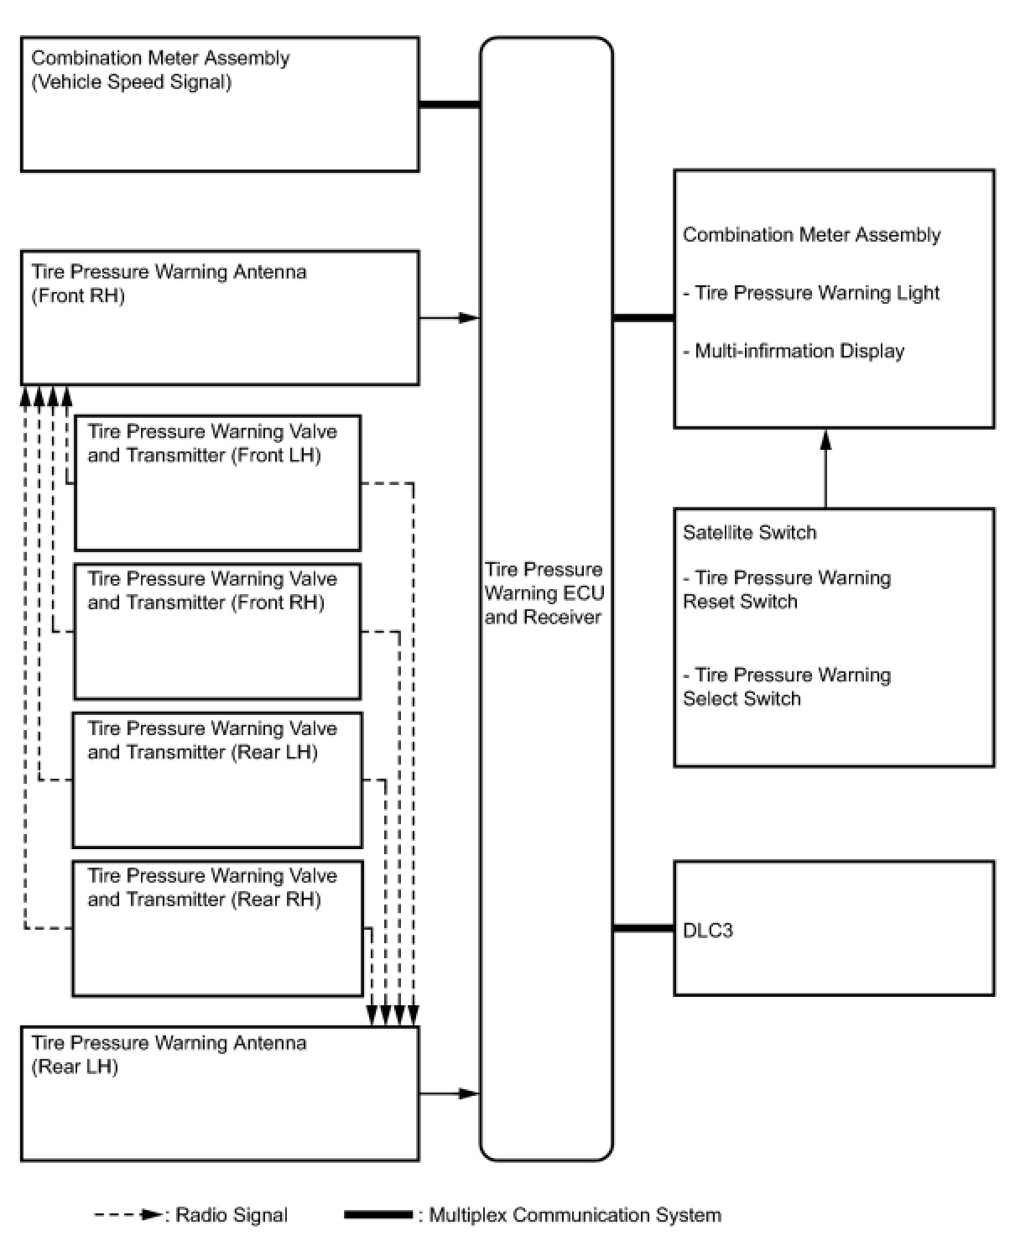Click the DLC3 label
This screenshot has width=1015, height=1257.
point(708,931)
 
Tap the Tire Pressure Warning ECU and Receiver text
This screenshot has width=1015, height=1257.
point(544,593)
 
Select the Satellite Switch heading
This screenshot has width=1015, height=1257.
point(749,533)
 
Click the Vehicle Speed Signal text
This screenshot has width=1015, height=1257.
point(132,82)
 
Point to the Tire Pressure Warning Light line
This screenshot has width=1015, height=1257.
point(811,293)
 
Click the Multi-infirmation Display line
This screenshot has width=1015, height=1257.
point(794,351)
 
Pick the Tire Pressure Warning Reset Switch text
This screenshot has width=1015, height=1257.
point(786,589)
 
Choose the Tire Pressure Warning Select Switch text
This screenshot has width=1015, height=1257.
point(786,686)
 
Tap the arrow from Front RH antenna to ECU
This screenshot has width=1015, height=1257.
point(449,318)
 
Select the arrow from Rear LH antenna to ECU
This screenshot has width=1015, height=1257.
point(449,1093)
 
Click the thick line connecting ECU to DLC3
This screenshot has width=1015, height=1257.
point(643,929)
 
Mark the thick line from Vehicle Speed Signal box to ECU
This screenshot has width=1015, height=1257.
point(449,105)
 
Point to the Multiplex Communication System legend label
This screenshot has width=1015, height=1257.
point(575,1215)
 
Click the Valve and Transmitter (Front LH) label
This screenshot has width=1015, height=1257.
point(211,443)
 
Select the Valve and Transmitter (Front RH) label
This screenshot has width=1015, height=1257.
point(211,591)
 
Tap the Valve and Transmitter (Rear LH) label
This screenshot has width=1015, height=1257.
point(211,740)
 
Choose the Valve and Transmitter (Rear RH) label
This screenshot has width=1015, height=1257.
point(211,888)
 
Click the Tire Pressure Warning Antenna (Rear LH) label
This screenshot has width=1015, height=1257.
point(169,1055)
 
